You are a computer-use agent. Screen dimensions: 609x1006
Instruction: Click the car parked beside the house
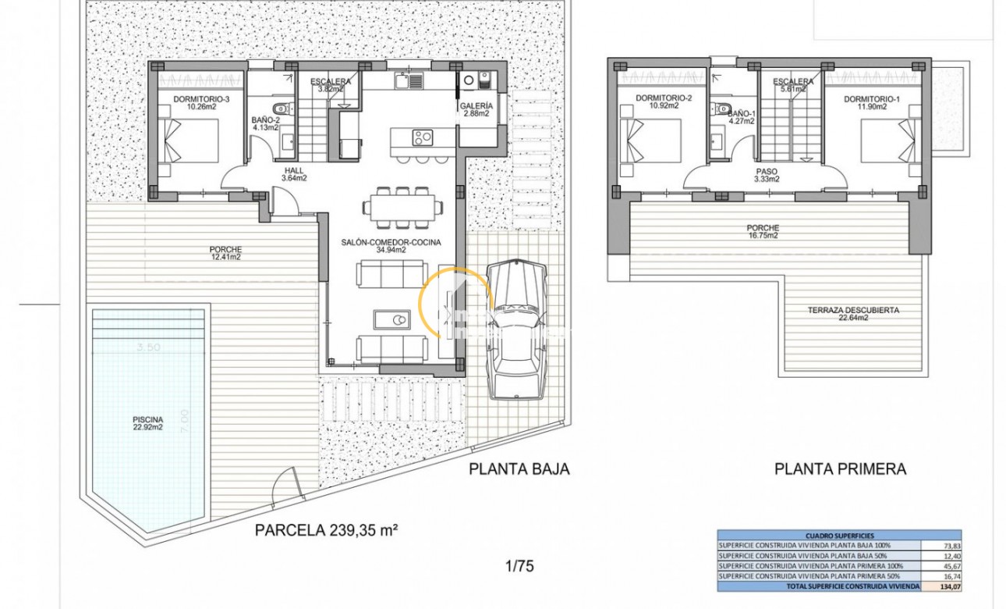(x=515, y=328)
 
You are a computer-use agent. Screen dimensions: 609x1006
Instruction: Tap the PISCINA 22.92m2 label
(x=147, y=423)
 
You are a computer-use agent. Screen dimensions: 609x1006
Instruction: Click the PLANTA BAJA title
(x=519, y=469)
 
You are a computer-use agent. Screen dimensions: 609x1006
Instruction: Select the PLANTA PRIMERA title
(x=840, y=469)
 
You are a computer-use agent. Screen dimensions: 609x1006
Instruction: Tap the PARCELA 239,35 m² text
(x=327, y=531)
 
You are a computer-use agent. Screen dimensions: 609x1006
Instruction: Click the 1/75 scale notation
(x=519, y=566)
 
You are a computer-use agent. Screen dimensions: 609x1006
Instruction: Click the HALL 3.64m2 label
(x=294, y=173)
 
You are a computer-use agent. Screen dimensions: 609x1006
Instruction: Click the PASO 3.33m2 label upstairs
(x=767, y=174)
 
